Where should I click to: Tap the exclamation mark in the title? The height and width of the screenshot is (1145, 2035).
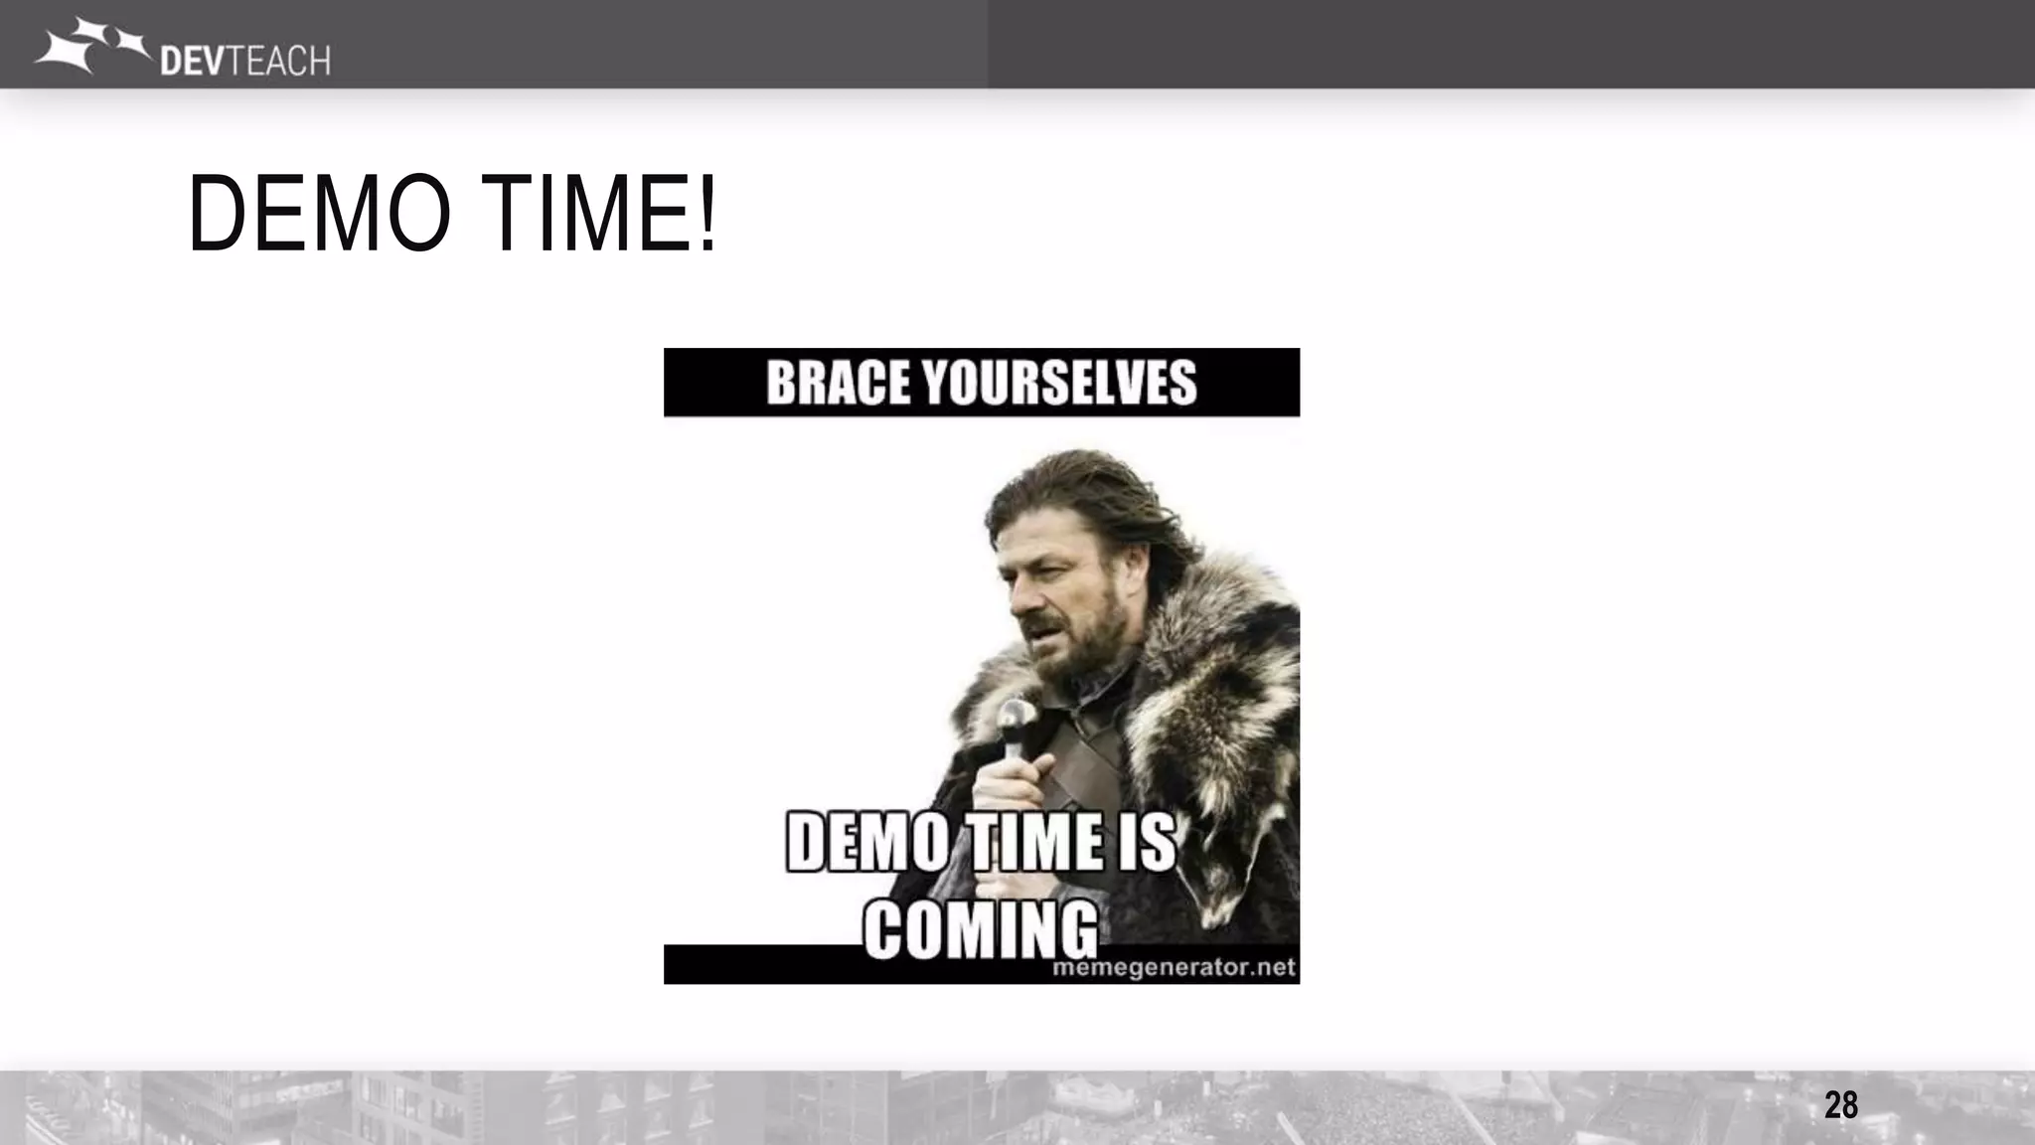706,214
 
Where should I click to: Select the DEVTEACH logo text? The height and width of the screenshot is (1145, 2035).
244,61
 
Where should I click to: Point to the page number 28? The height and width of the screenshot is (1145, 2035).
1840,1105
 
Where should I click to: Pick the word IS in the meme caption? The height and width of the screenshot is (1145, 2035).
1151,843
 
